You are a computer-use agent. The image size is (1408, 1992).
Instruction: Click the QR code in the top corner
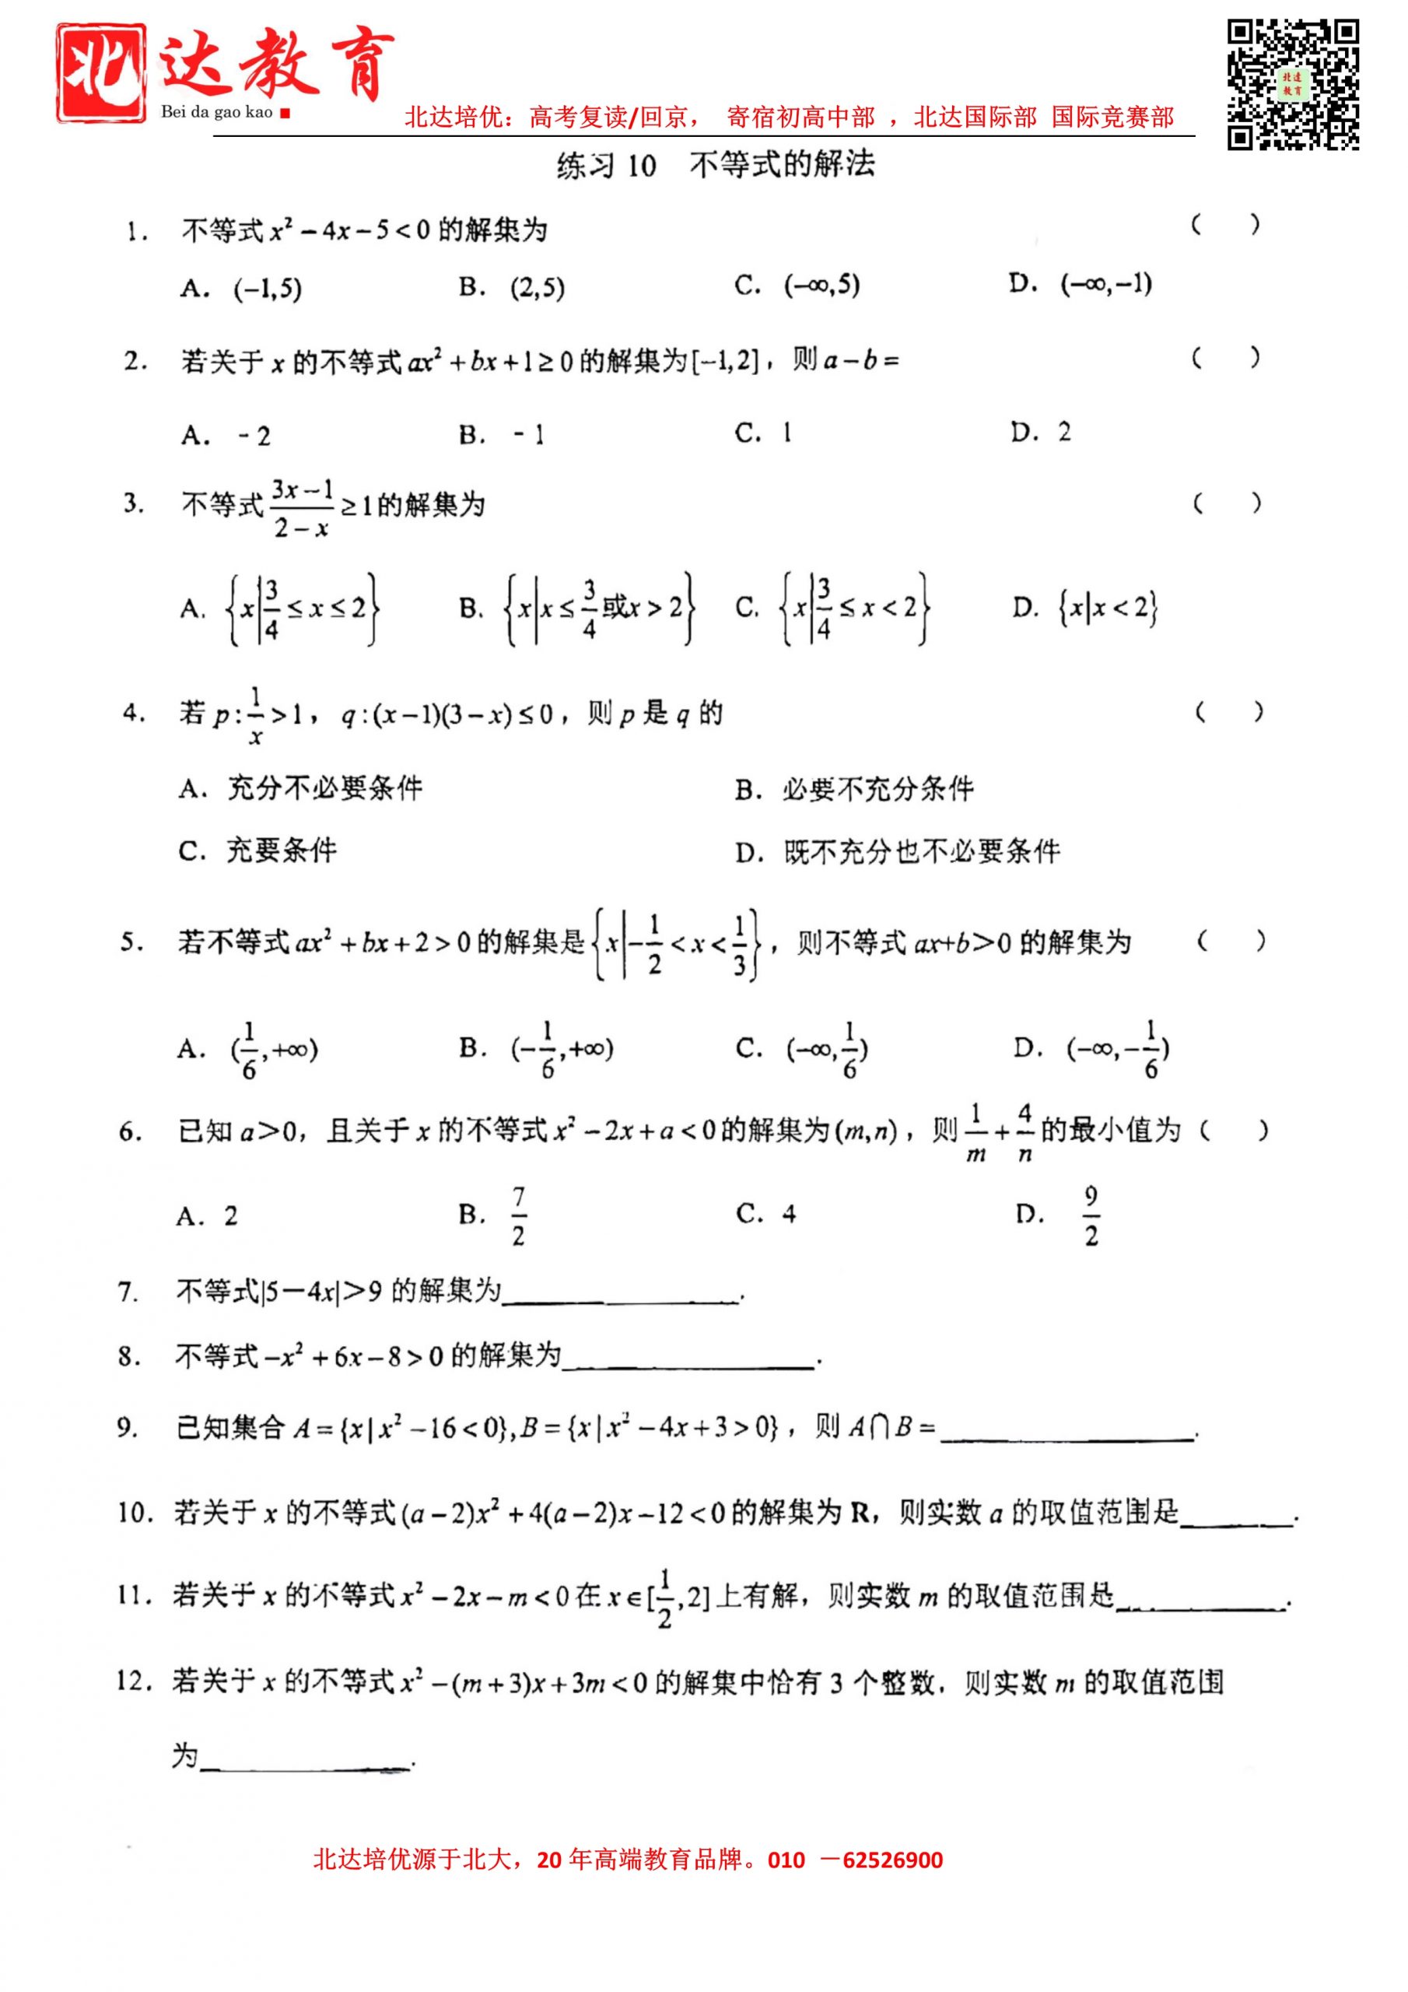pyautogui.click(x=1292, y=85)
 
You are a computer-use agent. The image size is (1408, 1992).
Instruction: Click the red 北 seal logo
pyautogui.click(x=100, y=73)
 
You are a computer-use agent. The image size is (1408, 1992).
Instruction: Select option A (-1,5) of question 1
pyautogui.click(x=241, y=289)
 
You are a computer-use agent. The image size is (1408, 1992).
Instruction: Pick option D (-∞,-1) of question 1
pyautogui.click(x=1080, y=284)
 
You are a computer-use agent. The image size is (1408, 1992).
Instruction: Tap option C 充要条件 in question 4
pyautogui.click(x=257, y=851)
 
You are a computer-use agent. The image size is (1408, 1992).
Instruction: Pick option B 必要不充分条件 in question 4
pyautogui.click(x=853, y=790)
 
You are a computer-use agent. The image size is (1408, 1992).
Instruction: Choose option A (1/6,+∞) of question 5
pyautogui.click(x=248, y=1050)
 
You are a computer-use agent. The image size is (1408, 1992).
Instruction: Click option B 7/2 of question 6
pyautogui.click(x=495, y=1215)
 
